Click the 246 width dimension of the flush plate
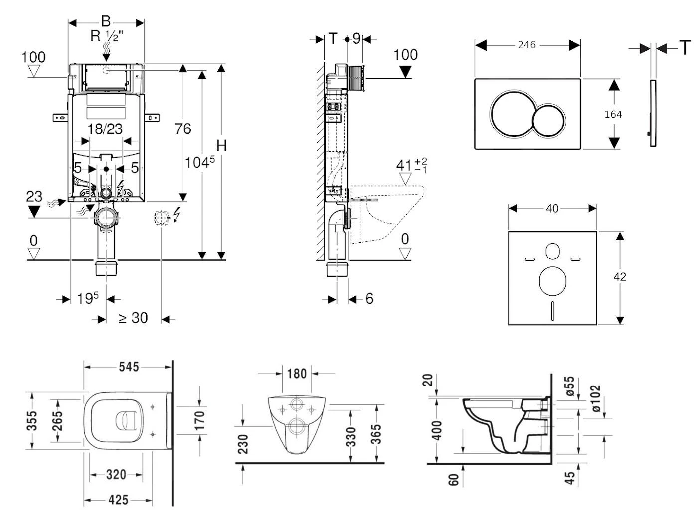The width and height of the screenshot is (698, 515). point(526,45)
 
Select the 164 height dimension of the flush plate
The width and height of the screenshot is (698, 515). point(613,114)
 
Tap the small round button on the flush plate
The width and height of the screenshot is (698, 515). point(549,121)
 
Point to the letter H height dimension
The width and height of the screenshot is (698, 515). point(221,146)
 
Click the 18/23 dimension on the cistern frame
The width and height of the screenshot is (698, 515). point(105,129)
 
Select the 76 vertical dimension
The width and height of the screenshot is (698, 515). point(183,129)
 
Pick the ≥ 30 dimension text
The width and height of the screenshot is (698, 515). point(133,318)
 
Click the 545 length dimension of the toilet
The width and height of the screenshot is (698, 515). point(129,367)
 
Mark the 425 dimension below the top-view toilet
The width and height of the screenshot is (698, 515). point(118,500)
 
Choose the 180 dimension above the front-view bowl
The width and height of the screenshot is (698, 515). point(297,373)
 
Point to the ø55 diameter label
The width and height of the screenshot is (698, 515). point(569,386)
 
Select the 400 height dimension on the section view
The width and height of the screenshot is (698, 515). point(437,431)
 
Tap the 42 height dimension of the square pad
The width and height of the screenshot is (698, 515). point(620,277)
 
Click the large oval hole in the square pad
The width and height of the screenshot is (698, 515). point(552,280)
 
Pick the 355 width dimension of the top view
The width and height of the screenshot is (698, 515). point(32,421)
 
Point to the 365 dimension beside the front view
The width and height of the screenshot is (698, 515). point(376,434)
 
